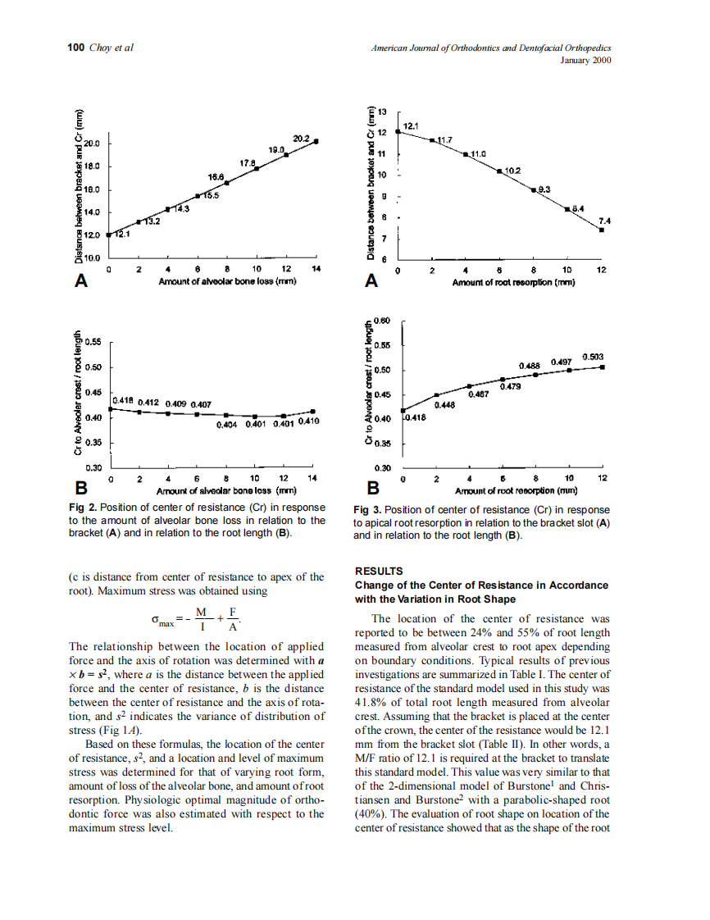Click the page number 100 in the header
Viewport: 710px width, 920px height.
coord(75,48)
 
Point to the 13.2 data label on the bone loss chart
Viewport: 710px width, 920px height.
coord(152,221)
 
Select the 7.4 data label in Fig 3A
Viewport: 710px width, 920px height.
coord(604,221)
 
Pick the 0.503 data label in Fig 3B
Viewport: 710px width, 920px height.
coord(593,357)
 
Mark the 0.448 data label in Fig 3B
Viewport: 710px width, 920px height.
coord(445,405)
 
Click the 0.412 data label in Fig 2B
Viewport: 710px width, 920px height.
coord(149,403)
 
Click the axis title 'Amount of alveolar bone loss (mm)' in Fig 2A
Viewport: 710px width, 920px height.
coord(227,281)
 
